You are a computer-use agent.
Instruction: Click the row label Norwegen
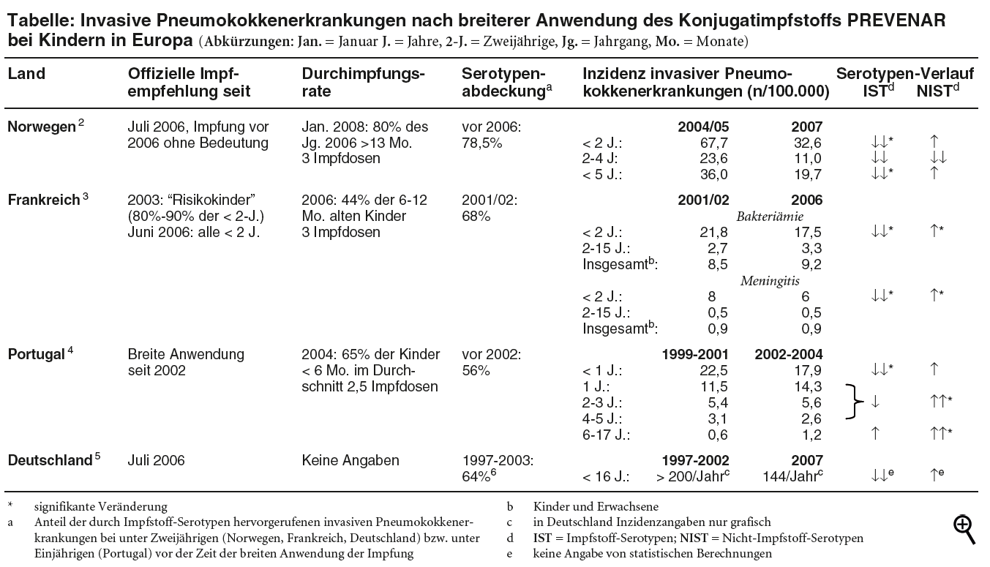41,127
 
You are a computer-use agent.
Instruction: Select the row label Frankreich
43,200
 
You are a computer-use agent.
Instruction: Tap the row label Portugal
37,354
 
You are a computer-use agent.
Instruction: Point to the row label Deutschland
49,460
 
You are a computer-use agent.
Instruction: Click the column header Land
26,74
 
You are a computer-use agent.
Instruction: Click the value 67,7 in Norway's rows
714,143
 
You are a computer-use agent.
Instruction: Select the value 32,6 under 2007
807,143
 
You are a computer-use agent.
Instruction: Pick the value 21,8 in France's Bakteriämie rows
714,232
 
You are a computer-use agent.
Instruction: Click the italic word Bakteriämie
770,216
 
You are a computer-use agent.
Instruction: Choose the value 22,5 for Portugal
714,370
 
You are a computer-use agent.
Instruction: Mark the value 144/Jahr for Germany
794,477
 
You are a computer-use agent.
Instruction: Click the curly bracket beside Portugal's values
855,402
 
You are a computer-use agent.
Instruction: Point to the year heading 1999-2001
695,354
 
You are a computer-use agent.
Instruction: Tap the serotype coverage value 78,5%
482,143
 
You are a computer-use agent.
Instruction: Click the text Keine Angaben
350,460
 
